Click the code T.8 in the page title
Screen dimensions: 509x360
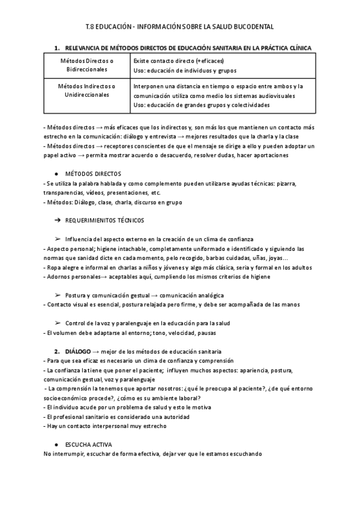point(91,27)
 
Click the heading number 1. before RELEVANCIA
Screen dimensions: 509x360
point(57,47)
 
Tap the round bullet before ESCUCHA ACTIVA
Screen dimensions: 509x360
point(56,444)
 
